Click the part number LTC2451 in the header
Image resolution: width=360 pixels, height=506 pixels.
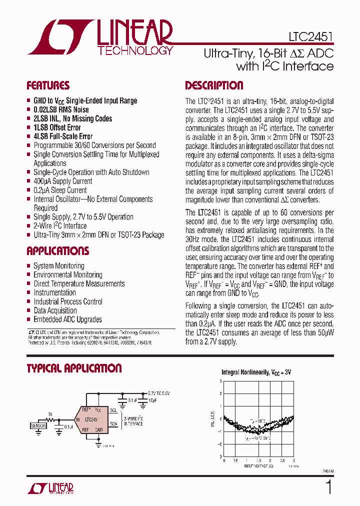[310, 37]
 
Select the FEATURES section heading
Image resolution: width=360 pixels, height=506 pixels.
[48, 85]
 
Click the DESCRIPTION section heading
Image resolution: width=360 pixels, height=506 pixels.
[214, 85]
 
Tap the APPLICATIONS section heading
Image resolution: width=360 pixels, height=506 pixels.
[58, 251]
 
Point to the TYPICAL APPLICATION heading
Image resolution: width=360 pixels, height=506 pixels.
[74, 368]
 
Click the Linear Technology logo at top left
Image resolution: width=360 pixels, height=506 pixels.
[100, 37]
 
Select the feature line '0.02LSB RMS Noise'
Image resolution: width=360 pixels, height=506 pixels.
[61, 109]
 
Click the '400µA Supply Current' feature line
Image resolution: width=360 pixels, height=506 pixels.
[63, 181]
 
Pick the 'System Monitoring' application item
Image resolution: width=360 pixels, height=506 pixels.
[59, 265]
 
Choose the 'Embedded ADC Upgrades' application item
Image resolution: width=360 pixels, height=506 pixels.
[67, 319]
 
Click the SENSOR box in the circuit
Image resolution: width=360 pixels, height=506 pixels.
[38, 426]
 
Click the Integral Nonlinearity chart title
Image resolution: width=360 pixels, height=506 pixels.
[256, 372]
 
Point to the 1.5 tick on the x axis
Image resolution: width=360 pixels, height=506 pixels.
[258, 460]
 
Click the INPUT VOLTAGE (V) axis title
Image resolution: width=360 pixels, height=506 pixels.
[258, 466]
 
